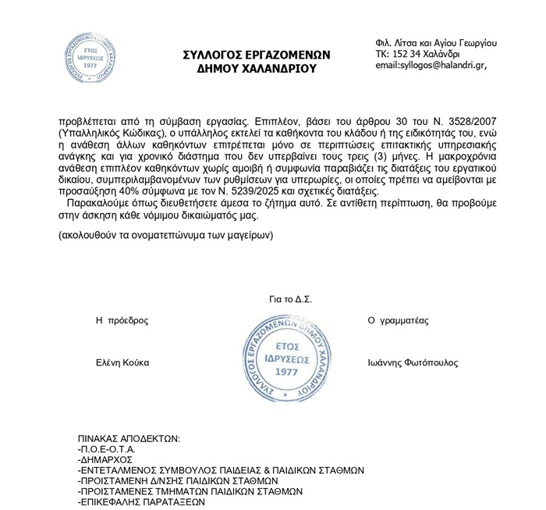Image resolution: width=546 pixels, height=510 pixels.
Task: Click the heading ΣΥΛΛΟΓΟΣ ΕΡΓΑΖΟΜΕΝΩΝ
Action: tap(257, 55)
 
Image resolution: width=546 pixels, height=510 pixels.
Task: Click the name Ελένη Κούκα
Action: tap(122, 363)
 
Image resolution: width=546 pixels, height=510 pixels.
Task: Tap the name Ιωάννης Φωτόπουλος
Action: tap(413, 363)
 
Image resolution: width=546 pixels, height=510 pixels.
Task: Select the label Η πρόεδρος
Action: tap(122, 320)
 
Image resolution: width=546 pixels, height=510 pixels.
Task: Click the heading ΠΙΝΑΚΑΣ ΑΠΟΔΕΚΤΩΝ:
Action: tap(129, 438)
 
